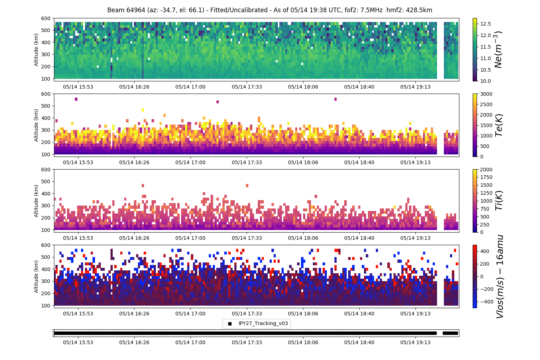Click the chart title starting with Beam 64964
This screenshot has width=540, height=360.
(270, 10)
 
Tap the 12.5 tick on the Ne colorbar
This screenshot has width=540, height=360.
(486, 24)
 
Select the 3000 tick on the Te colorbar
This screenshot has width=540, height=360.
(486, 94)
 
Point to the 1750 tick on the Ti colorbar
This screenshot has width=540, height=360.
(486, 177)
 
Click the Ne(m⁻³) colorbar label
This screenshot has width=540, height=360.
(498, 50)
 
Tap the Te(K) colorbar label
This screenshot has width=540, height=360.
(499, 125)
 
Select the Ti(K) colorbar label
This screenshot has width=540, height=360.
(499, 201)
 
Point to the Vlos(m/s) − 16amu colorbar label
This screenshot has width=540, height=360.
(500, 276)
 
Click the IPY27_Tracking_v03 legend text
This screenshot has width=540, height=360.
(263, 323)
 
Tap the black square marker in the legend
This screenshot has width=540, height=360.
(230, 324)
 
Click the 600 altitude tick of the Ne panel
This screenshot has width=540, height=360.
(46, 18)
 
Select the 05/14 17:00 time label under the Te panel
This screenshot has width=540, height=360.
(190, 162)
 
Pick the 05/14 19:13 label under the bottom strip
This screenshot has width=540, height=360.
(415, 342)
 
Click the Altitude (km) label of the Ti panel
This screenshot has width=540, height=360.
(36, 201)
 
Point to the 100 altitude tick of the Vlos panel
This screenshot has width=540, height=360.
(46, 306)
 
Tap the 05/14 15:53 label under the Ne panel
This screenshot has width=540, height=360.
(78, 87)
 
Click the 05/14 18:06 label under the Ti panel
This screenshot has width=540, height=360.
(303, 238)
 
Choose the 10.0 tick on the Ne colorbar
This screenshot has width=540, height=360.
(486, 81)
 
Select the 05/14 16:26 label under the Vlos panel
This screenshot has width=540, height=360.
(134, 314)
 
